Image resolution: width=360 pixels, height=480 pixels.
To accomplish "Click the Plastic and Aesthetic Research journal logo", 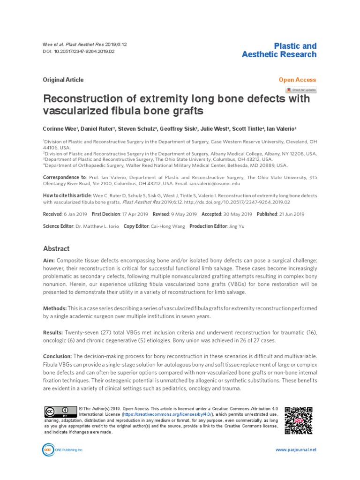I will coord(279,50).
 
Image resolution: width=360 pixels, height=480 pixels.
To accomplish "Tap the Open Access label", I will coord(297,80).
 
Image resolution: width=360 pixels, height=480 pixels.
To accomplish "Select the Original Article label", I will coord(63,80).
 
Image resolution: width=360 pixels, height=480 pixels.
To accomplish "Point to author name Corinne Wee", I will coord(61,128).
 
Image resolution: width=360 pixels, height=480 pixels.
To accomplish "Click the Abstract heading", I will coord(56,249).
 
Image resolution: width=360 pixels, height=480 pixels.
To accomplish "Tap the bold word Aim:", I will coord(50,260).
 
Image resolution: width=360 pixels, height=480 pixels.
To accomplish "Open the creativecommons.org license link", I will coord(167,415).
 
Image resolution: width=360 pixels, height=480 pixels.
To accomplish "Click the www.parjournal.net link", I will coord(295,450).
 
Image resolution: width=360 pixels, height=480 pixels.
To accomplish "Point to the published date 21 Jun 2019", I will coord(292,214).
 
